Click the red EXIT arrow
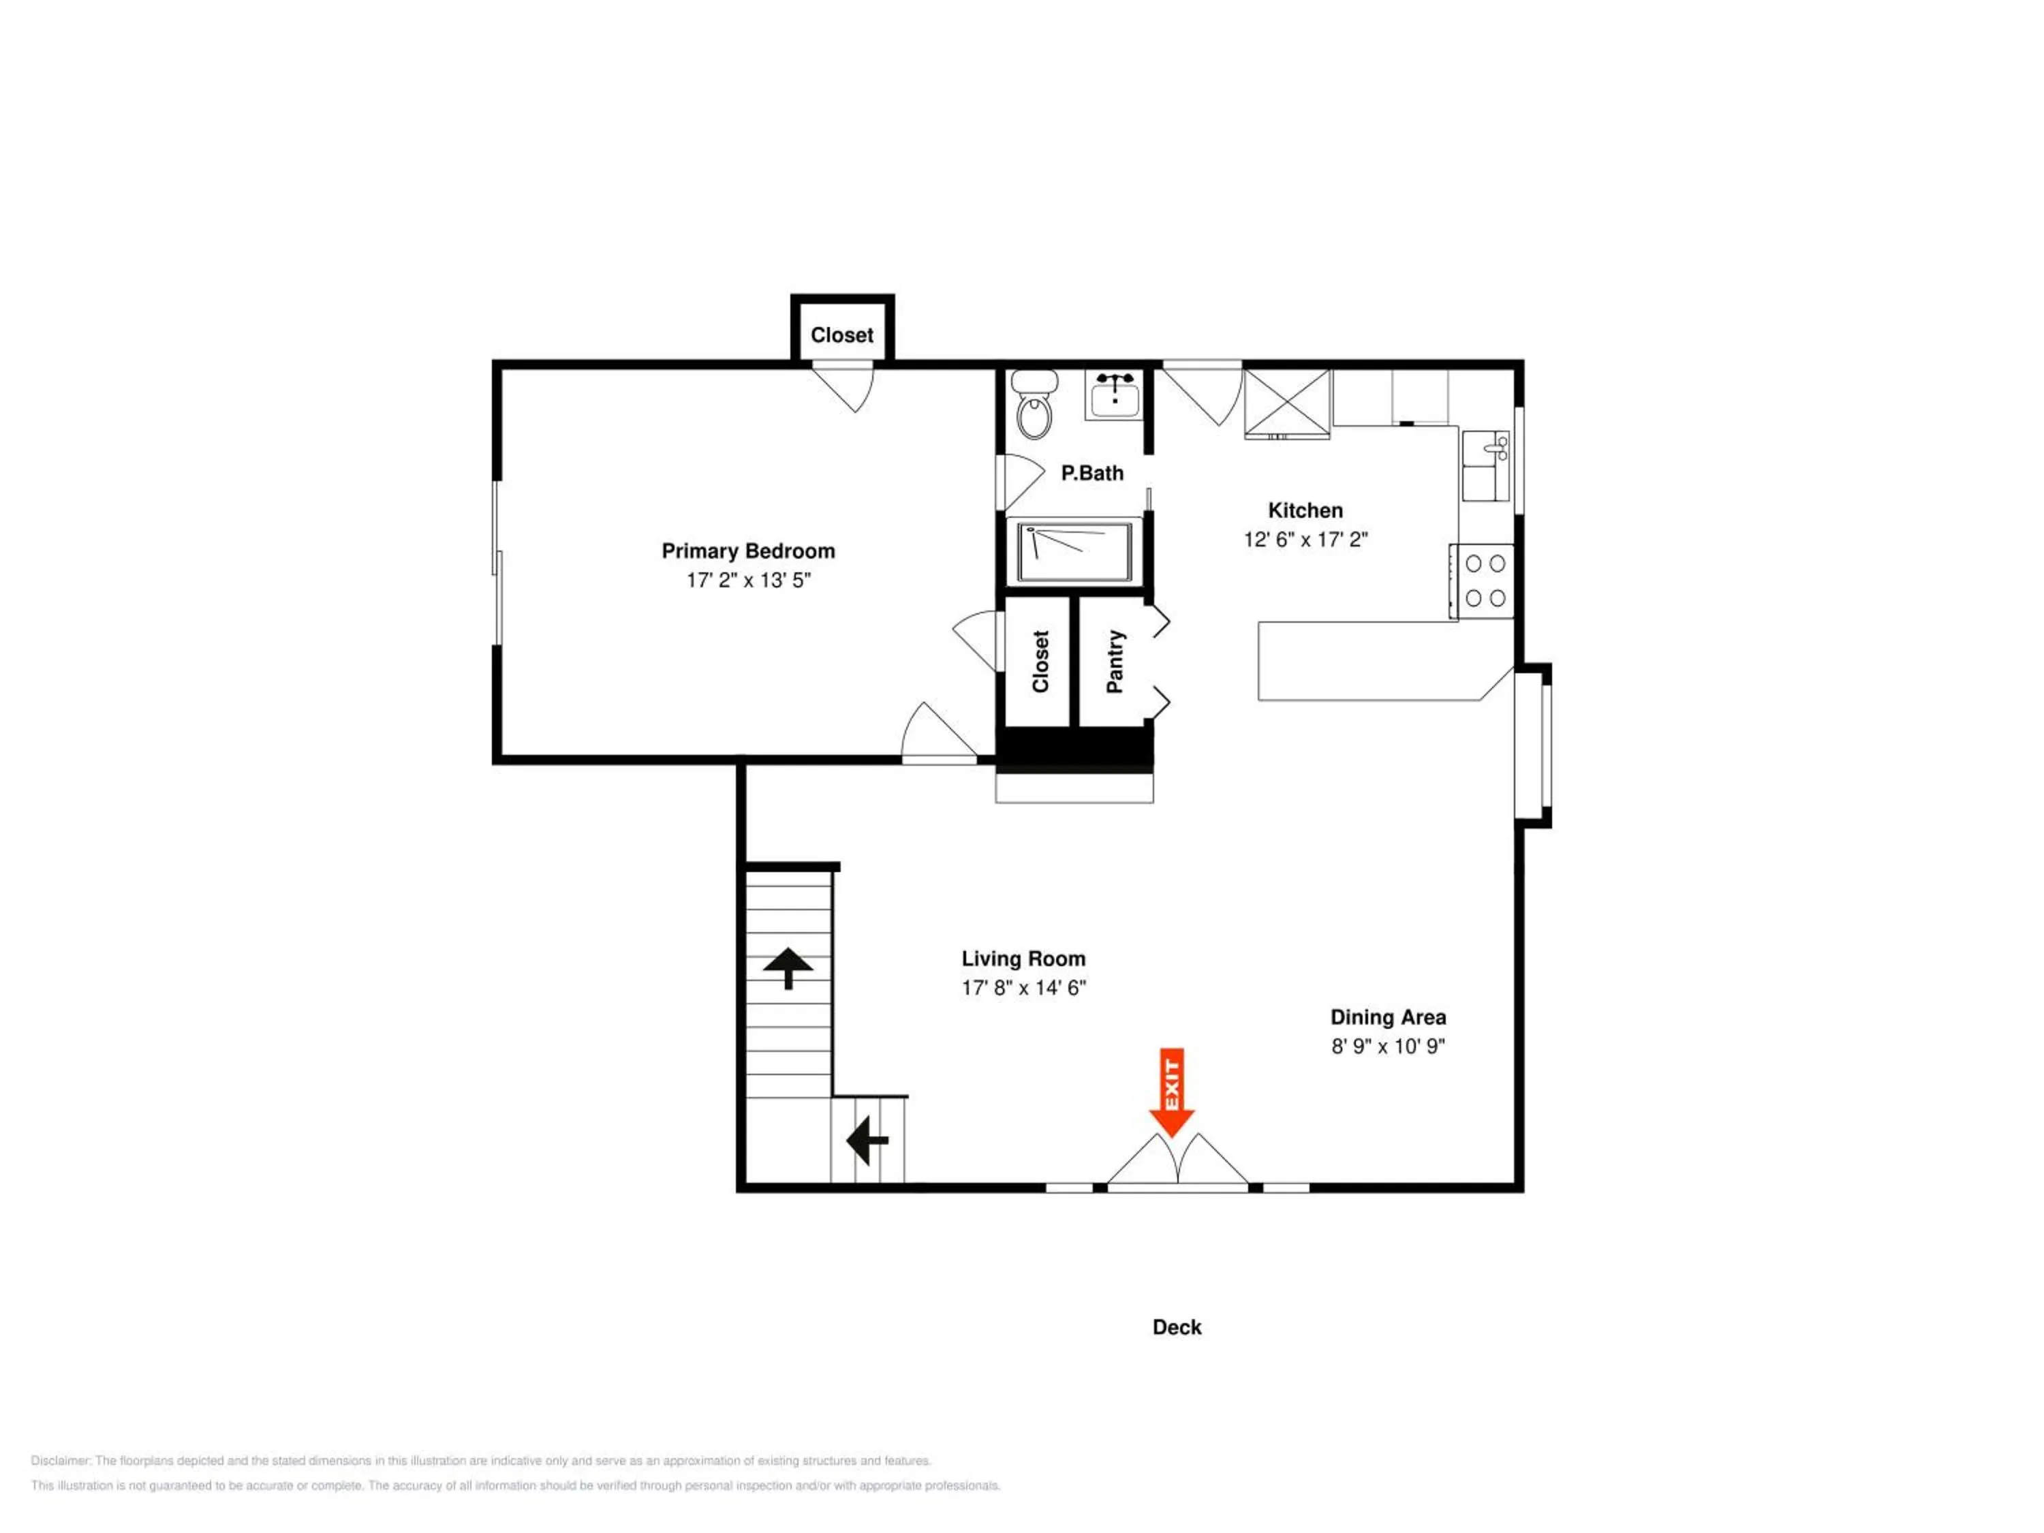1172,1092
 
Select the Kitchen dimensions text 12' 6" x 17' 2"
1305,540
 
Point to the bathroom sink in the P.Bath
1115,395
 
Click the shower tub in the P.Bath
1074,553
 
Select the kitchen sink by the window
1486,466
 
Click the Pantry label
1115,662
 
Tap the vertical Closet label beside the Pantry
1040,662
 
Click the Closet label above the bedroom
842,335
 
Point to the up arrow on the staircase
788,967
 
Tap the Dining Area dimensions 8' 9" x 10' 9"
1388,1046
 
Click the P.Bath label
1092,473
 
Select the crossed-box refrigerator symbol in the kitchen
1287,403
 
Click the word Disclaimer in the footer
61,1461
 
